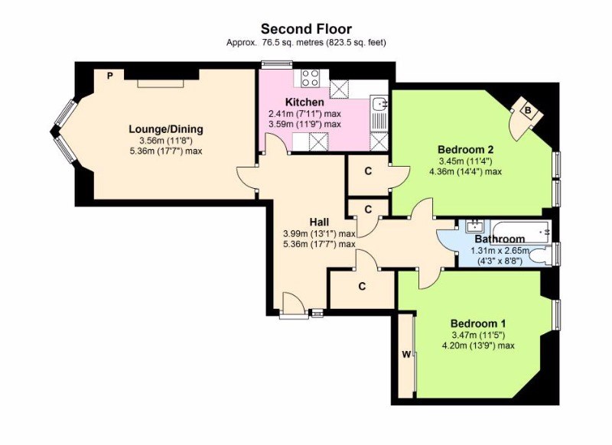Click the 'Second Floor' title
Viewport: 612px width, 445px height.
(x=306, y=29)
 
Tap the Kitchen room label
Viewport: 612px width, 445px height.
(x=304, y=102)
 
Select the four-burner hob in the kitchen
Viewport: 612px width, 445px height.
(x=311, y=78)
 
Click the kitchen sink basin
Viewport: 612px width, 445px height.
(x=379, y=104)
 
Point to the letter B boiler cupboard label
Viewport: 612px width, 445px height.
(x=528, y=110)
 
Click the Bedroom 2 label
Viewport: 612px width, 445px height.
(x=466, y=149)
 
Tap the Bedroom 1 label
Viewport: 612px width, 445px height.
(x=478, y=323)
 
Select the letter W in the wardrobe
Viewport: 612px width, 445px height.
(x=406, y=355)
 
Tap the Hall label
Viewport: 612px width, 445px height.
(x=319, y=222)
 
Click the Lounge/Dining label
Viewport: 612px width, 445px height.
(x=166, y=128)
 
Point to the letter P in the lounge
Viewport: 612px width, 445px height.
(x=110, y=76)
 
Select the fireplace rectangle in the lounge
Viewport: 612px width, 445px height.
(x=161, y=84)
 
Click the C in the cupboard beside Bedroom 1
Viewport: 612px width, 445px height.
(x=362, y=287)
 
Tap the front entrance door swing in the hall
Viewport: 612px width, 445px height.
(x=293, y=302)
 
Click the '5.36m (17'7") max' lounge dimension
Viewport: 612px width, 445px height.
(x=166, y=151)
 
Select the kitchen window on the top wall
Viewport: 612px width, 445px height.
(x=277, y=65)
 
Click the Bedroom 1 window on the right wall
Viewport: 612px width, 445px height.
(x=557, y=314)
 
